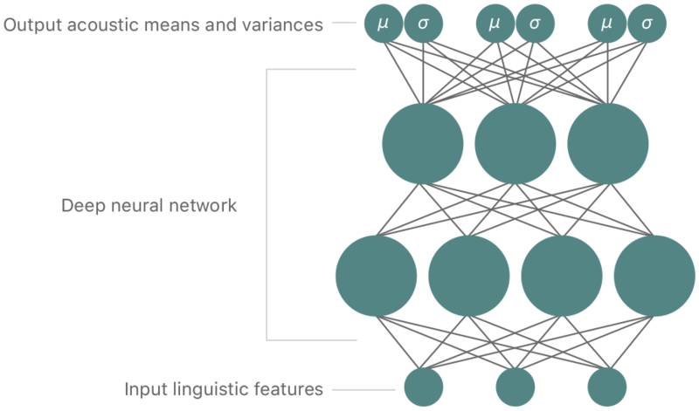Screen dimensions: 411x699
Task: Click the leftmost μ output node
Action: pyautogui.click(x=383, y=24)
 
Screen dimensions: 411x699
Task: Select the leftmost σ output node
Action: pyautogui.click(x=424, y=24)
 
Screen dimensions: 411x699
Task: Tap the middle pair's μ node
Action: pyautogui.click(x=495, y=24)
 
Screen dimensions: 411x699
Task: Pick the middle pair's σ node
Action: pyautogui.click(x=536, y=24)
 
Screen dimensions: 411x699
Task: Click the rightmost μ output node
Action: pyautogui.click(x=607, y=24)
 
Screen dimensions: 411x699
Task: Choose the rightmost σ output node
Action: pyautogui.click(x=647, y=24)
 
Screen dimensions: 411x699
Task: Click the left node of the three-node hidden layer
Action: pyautogui.click(x=423, y=144)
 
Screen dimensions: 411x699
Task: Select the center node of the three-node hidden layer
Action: pyautogui.click(x=516, y=144)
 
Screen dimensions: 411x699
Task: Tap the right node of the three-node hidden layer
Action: pyautogui.click(x=608, y=144)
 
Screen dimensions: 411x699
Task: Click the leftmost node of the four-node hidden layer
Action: pyautogui.click(x=377, y=276)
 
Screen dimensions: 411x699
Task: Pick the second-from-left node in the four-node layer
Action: pyautogui.click(x=469, y=276)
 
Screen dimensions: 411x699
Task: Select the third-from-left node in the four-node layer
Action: pyautogui.click(x=562, y=276)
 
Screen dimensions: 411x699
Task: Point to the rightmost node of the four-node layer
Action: pyautogui.click(x=654, y=276)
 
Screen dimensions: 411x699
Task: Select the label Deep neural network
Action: pyautogui.click(x=149, y=207)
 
